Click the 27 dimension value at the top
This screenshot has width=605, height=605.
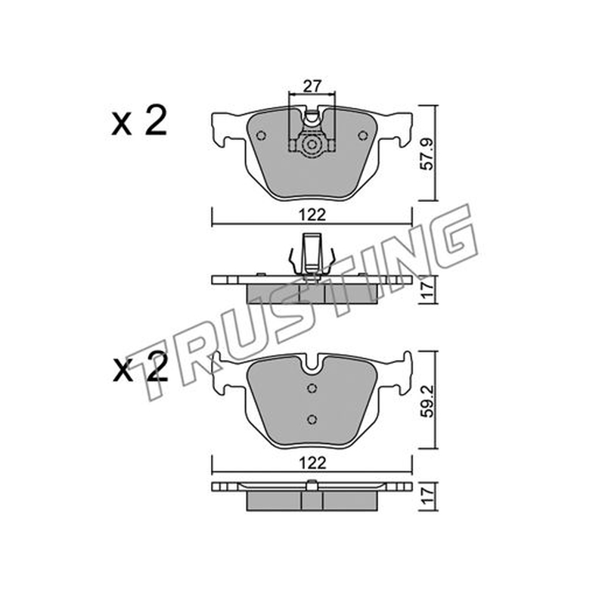312,86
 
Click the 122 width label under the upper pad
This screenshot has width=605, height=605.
312,215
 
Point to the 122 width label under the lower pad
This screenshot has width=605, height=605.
312,463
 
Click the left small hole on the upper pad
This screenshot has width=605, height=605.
261,136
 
